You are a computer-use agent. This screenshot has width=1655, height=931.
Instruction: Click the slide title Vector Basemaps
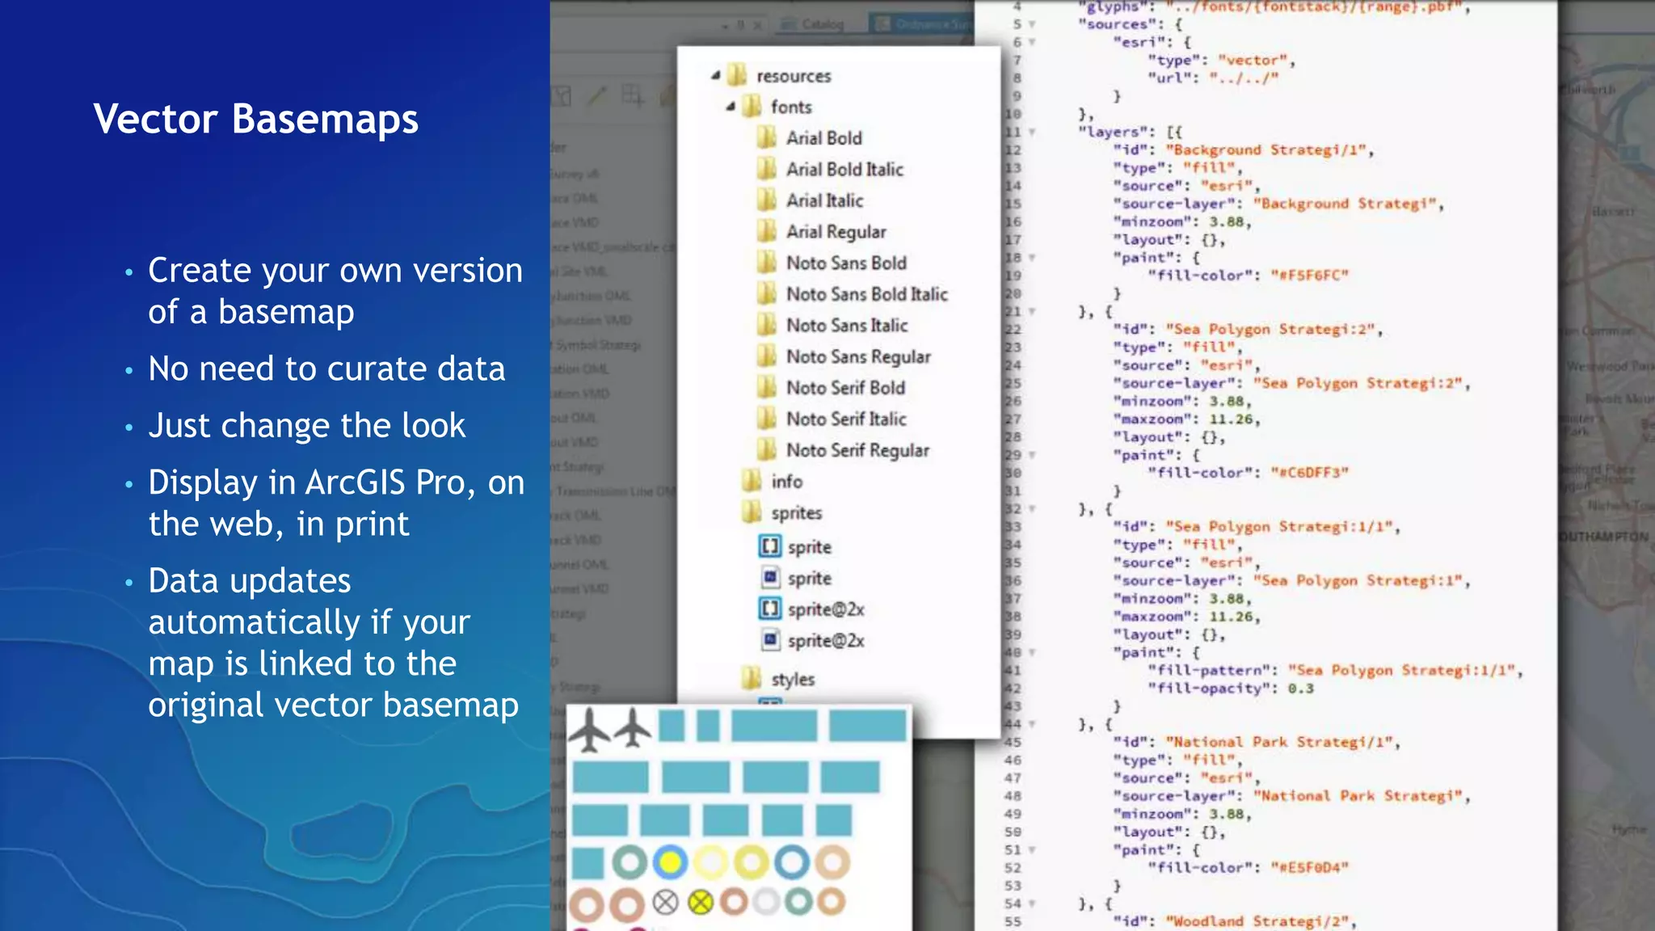pos(255,120)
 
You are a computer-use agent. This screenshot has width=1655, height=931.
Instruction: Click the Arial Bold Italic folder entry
pos(844,170)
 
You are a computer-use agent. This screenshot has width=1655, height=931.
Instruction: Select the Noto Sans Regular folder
pos(857,356)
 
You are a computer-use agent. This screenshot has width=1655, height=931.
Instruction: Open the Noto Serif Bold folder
pos(844,388)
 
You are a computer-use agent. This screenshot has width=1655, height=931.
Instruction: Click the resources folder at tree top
pos(793,76)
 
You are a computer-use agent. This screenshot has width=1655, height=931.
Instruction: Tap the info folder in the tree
pos(785,482)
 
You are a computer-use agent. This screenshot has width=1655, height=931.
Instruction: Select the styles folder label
pos(792,680)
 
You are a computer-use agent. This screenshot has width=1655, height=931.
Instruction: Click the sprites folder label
pos(796,513)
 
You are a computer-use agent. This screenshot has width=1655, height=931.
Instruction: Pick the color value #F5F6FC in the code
pos(1309,276)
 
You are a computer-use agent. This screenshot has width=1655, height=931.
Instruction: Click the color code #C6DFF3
pos(1309,473)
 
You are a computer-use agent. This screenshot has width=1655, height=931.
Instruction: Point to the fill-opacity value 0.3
pos(1300,689)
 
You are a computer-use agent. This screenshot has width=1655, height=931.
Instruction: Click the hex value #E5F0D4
pos(1309,868)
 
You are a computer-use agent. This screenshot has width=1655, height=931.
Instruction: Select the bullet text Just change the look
pos(306,426)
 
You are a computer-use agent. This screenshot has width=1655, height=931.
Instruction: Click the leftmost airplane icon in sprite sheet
pos(589,729)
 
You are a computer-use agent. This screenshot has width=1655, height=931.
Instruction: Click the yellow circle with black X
pos(701,902)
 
